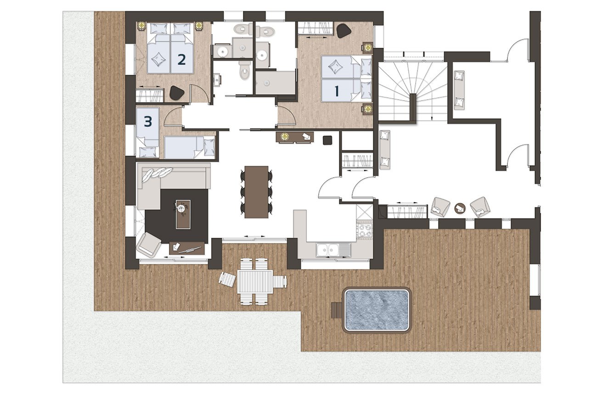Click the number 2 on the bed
coord(181,60)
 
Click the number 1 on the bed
coord(337,91)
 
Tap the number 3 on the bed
coord(148,122)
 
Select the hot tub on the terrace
coord(377,309)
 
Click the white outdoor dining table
coord(255,282)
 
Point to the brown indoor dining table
coord(256,192)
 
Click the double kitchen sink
coord(328,250)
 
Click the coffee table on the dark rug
coord(183,214)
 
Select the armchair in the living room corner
coord(149,244)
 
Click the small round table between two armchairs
coord(460,208)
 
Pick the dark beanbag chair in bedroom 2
coord(177,93)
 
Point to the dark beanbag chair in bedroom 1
coord(344,31)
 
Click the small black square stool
coord(327,140)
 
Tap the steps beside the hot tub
coord(337,310)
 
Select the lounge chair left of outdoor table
coord(227,280)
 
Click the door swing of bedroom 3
coord(173,115)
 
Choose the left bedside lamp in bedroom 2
coord(141,26)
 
